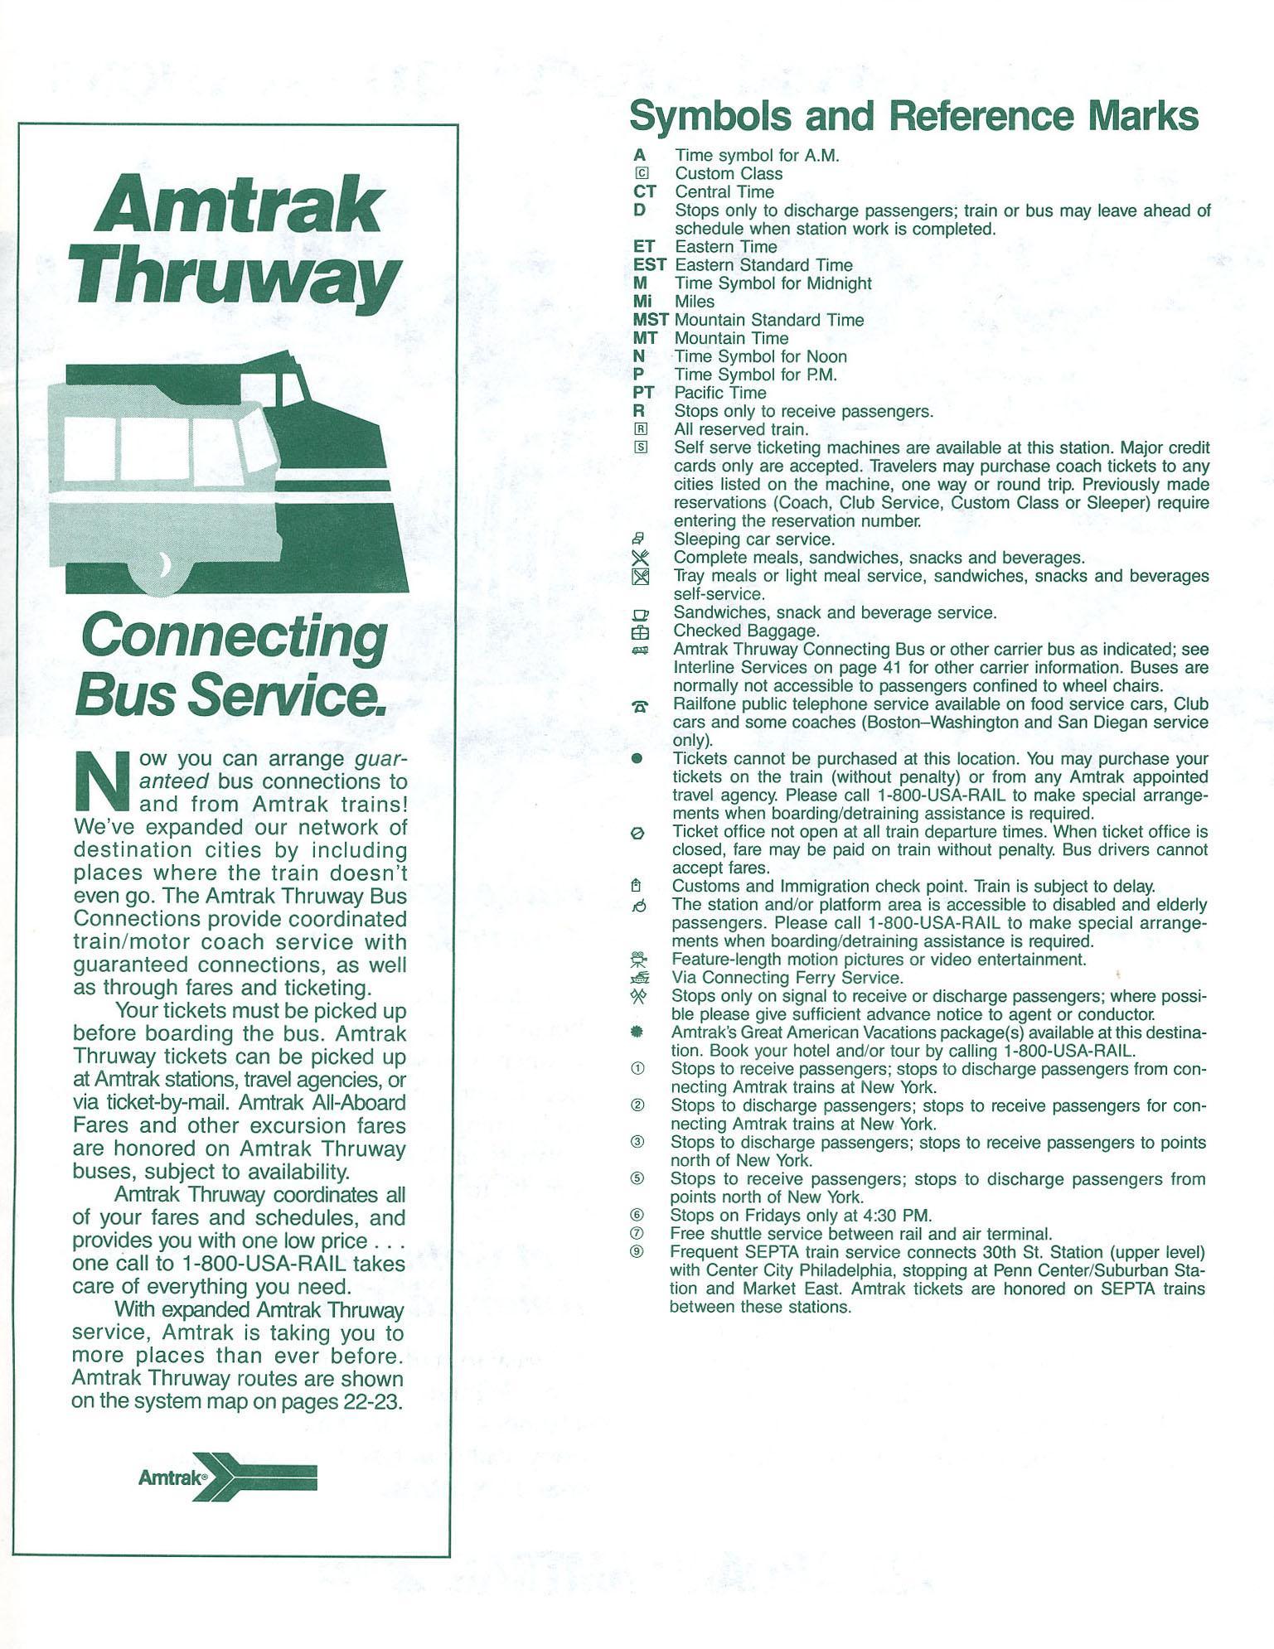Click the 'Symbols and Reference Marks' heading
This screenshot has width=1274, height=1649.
913,116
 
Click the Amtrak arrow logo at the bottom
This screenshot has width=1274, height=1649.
229,1477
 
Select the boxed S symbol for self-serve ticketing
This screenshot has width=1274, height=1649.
640,447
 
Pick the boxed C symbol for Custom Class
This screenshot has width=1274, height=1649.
640,174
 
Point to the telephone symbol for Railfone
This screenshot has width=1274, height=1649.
640,706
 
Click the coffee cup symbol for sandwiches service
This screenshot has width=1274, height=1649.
640,614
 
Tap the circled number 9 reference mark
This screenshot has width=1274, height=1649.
637,1252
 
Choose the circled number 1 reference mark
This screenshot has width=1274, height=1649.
637,1069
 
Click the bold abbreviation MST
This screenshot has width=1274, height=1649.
650,320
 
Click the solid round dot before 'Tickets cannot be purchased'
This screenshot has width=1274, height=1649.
637,759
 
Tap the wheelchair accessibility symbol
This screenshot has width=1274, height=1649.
638,907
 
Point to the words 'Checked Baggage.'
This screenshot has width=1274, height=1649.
746,631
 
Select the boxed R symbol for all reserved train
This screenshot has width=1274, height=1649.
640,429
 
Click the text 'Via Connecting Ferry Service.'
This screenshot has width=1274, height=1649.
787,978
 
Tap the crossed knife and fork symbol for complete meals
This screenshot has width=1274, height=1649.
639,559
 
